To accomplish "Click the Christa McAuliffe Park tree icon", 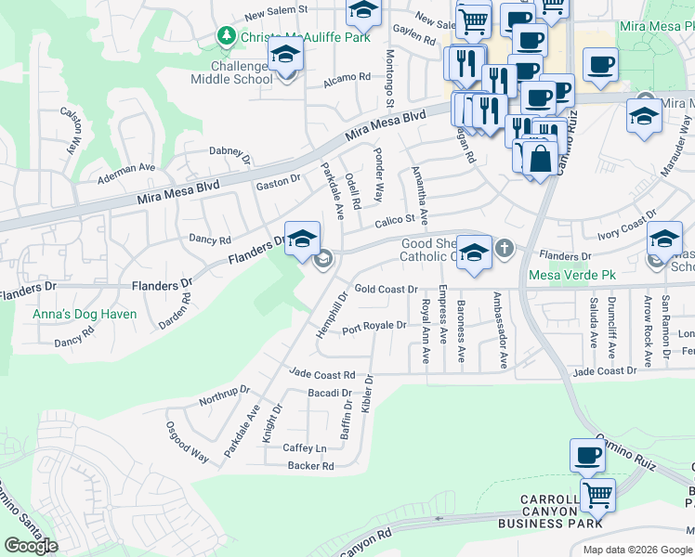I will tap(225, 35).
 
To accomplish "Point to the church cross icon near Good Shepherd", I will tap(504, 248).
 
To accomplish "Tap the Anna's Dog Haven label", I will tap(85, 314).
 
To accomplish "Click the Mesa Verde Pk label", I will tap(572, 276).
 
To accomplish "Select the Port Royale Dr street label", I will tap(374, 326).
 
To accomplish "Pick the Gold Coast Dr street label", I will tap(387, 290).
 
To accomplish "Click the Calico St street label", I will tap(394, 220).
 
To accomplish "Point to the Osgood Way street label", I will tap(188, 440).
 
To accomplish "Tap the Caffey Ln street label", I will tap(305, 447).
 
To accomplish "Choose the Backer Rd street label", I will tap(310, 466).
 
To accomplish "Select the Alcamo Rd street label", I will tap(347, 80).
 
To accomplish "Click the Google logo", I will tap(32, 546).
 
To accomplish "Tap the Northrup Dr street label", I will tap(225, 396).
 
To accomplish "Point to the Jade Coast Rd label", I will tap(322, 374).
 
